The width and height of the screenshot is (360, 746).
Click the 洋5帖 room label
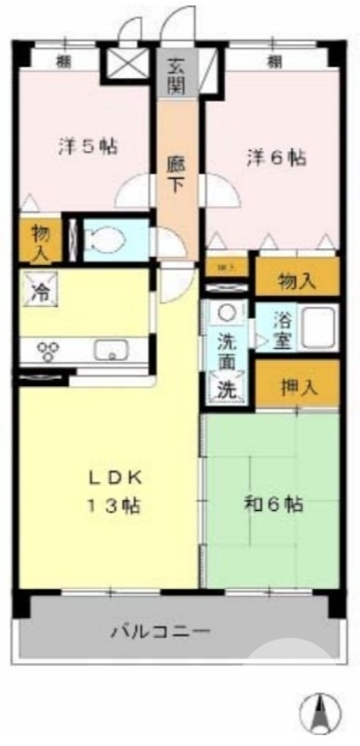(x=89, y=146)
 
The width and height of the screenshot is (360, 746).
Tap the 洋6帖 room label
(x=276, y=158)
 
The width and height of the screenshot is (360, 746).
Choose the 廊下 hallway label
(x=176, y=173)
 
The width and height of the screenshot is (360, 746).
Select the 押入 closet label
(x=298, y=386)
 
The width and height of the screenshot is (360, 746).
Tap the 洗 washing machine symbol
(x=227, y=390)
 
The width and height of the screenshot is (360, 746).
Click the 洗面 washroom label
(x=228, y=351)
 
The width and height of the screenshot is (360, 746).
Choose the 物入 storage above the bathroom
(x=298, y=279)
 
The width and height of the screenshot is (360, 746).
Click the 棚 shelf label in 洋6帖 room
(x=273, y=62)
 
